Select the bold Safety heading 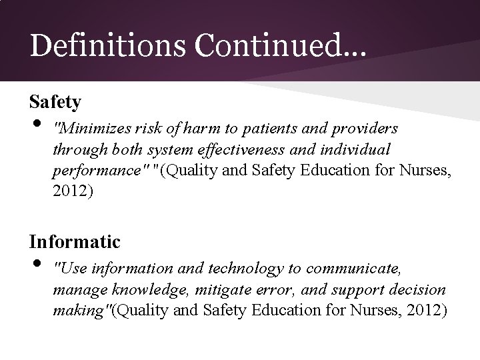pyautogui.click(x=55, y=102)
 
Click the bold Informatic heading pyautogui.click(x=75, y=241)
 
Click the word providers pyautogui.click(x=364, y=127)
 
